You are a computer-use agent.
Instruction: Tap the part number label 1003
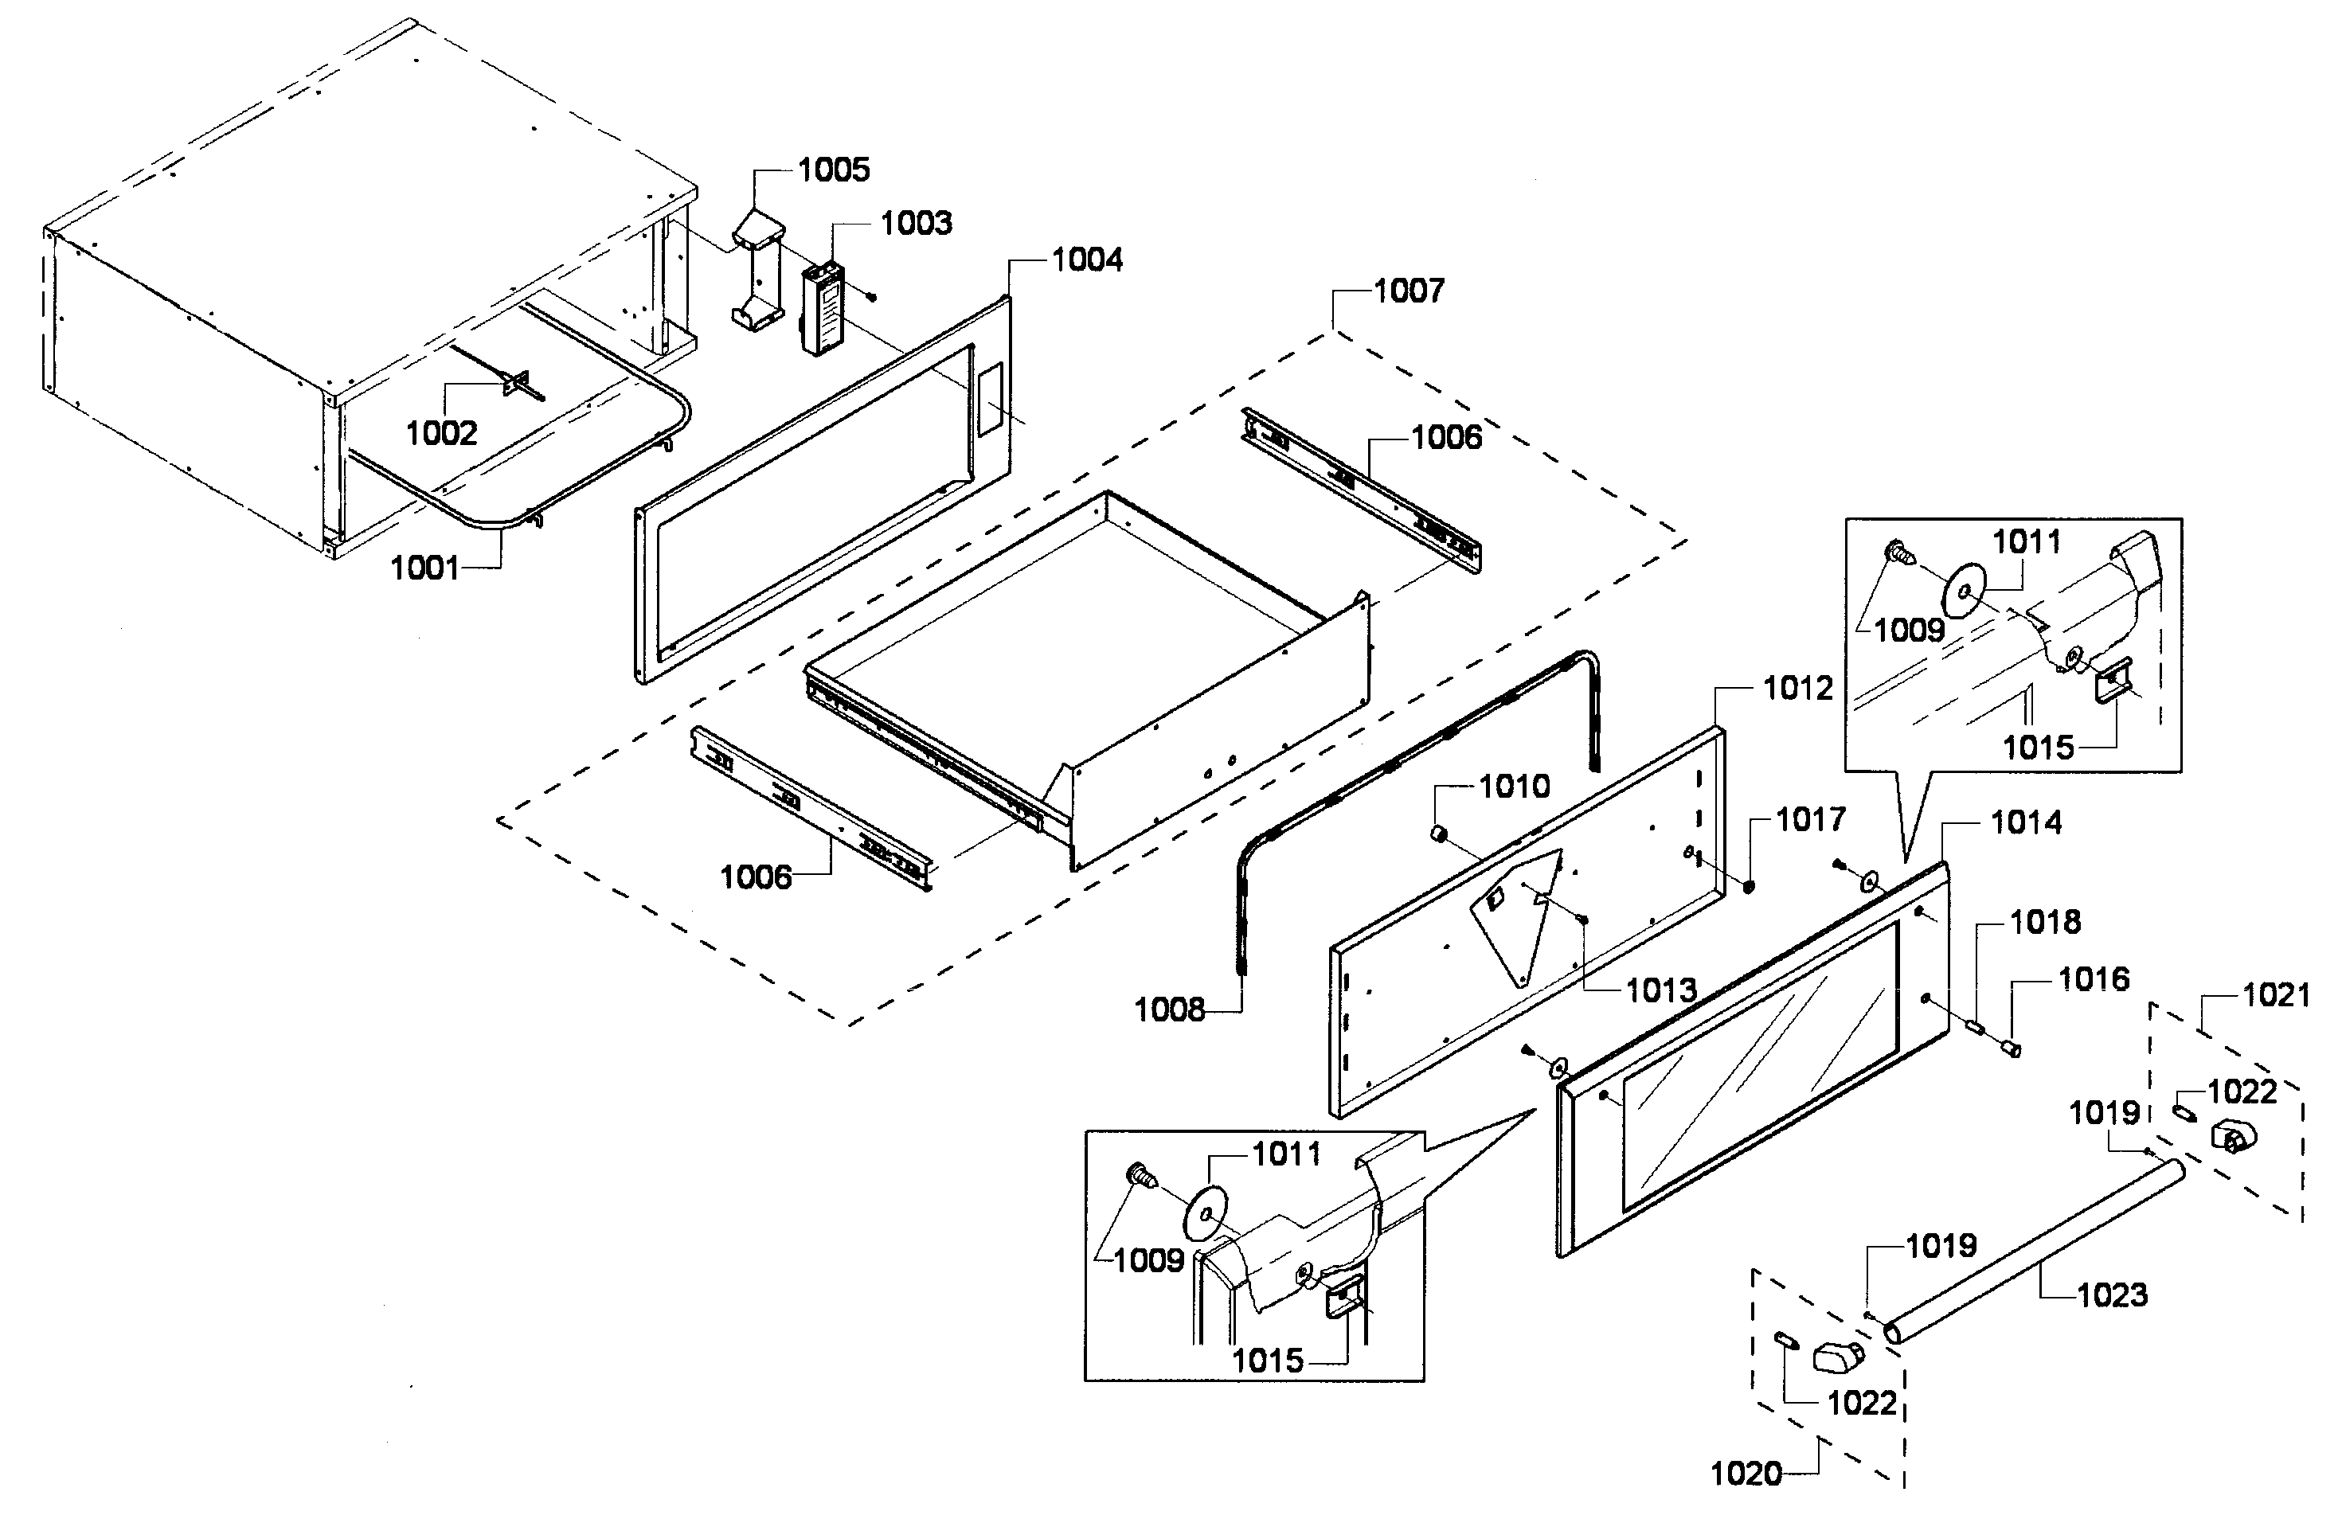point(915,224)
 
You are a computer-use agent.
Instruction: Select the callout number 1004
point(1086,260)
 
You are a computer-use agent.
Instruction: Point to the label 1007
point(1408,291)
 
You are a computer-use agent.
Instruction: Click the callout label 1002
point(441,433)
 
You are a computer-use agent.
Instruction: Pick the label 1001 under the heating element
point(425,568)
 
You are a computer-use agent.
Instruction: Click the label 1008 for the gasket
point(1169,1010)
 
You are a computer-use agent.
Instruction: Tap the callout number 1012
point(1798,689)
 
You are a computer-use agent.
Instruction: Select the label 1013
point(1661,990)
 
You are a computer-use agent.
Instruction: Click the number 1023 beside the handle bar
point(2112,1295)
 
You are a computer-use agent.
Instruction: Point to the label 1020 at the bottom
point(1746,1474)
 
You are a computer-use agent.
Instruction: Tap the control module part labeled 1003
point(823,309)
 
